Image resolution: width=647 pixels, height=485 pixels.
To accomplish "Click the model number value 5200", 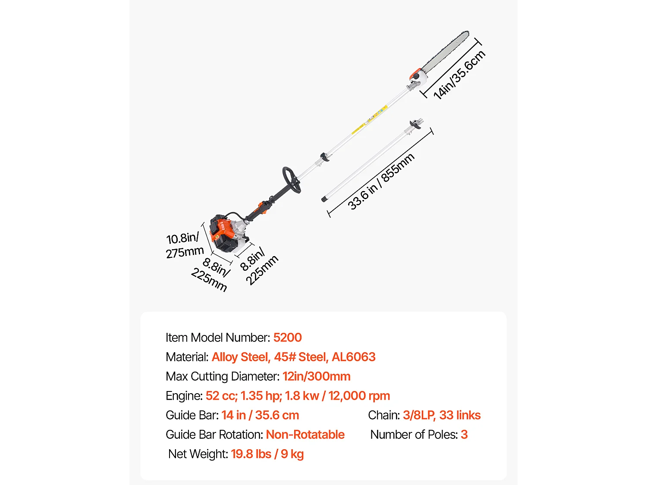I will [287, 338].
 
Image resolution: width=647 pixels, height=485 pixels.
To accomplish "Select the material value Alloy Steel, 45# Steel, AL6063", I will [293, 357].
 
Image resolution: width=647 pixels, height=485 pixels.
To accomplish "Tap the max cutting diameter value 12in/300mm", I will [316, 376].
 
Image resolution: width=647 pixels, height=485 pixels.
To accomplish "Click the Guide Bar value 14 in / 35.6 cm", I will [260, 415].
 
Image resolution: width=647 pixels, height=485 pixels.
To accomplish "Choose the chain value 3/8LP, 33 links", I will [441, 415].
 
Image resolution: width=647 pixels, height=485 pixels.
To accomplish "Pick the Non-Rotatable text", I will [305, 435].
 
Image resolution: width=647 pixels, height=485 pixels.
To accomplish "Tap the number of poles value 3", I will [464, 435].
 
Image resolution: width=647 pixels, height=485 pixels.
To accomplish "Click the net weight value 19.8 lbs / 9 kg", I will [267, 454].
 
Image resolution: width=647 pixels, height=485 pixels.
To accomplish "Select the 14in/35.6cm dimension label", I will [459, 75].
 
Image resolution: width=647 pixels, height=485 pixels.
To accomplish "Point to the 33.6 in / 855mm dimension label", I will [380, 181].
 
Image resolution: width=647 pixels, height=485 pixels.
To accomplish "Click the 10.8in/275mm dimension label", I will [184, 245].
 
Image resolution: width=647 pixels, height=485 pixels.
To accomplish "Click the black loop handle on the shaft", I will [292, 180].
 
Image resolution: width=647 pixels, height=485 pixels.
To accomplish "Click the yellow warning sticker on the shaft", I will [358, 128].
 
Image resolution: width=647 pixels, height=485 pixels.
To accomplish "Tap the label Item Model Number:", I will [218, 338].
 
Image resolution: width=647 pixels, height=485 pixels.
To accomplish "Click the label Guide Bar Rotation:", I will [214, 435].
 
